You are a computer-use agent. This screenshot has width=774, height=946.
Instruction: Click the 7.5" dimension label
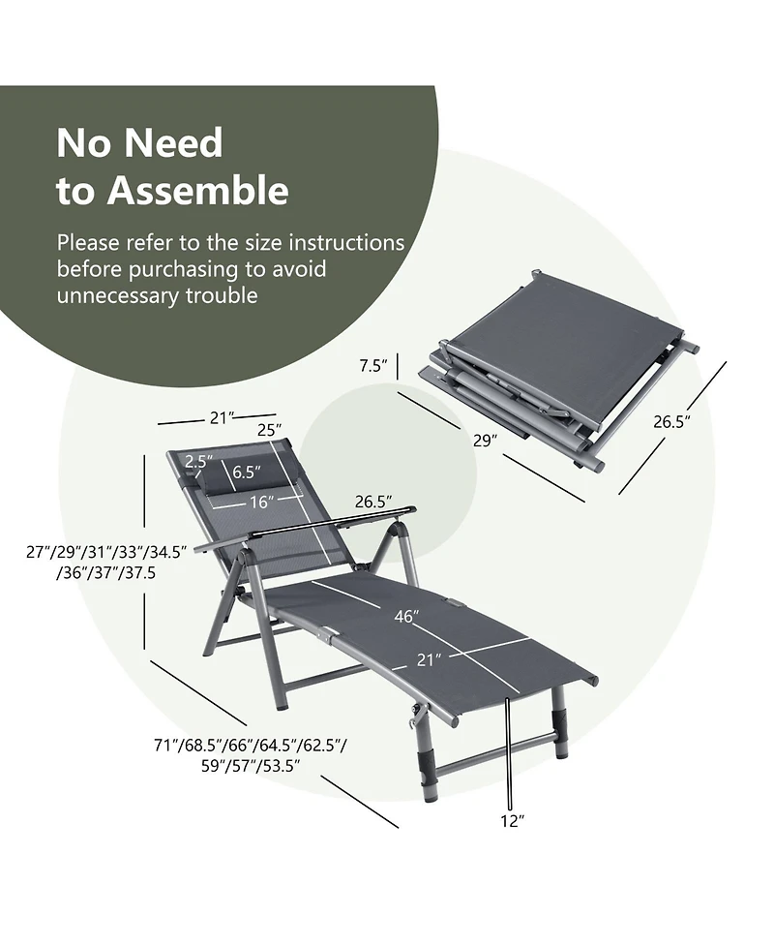click(x=372, y=365)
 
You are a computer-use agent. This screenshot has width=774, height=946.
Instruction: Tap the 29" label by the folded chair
click(x=485, y=440)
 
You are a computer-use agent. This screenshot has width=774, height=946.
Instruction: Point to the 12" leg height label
click(x=512, y=821)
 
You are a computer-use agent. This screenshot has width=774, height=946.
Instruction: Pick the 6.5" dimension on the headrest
click(x=249, y=473)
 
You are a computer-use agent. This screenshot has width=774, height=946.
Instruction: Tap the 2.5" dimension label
click(x=197, y=462)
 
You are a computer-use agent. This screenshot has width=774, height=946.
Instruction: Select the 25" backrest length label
click(x=269, y=429)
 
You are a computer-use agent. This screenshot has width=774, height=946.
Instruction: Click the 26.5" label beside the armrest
click(x=372, y=502)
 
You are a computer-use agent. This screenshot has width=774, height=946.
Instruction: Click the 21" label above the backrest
click(x=223, y=417)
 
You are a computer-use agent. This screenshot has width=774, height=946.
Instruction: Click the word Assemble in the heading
click(x=197, y=191)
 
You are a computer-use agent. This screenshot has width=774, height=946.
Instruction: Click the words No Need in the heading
click(x=139, y=142)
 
